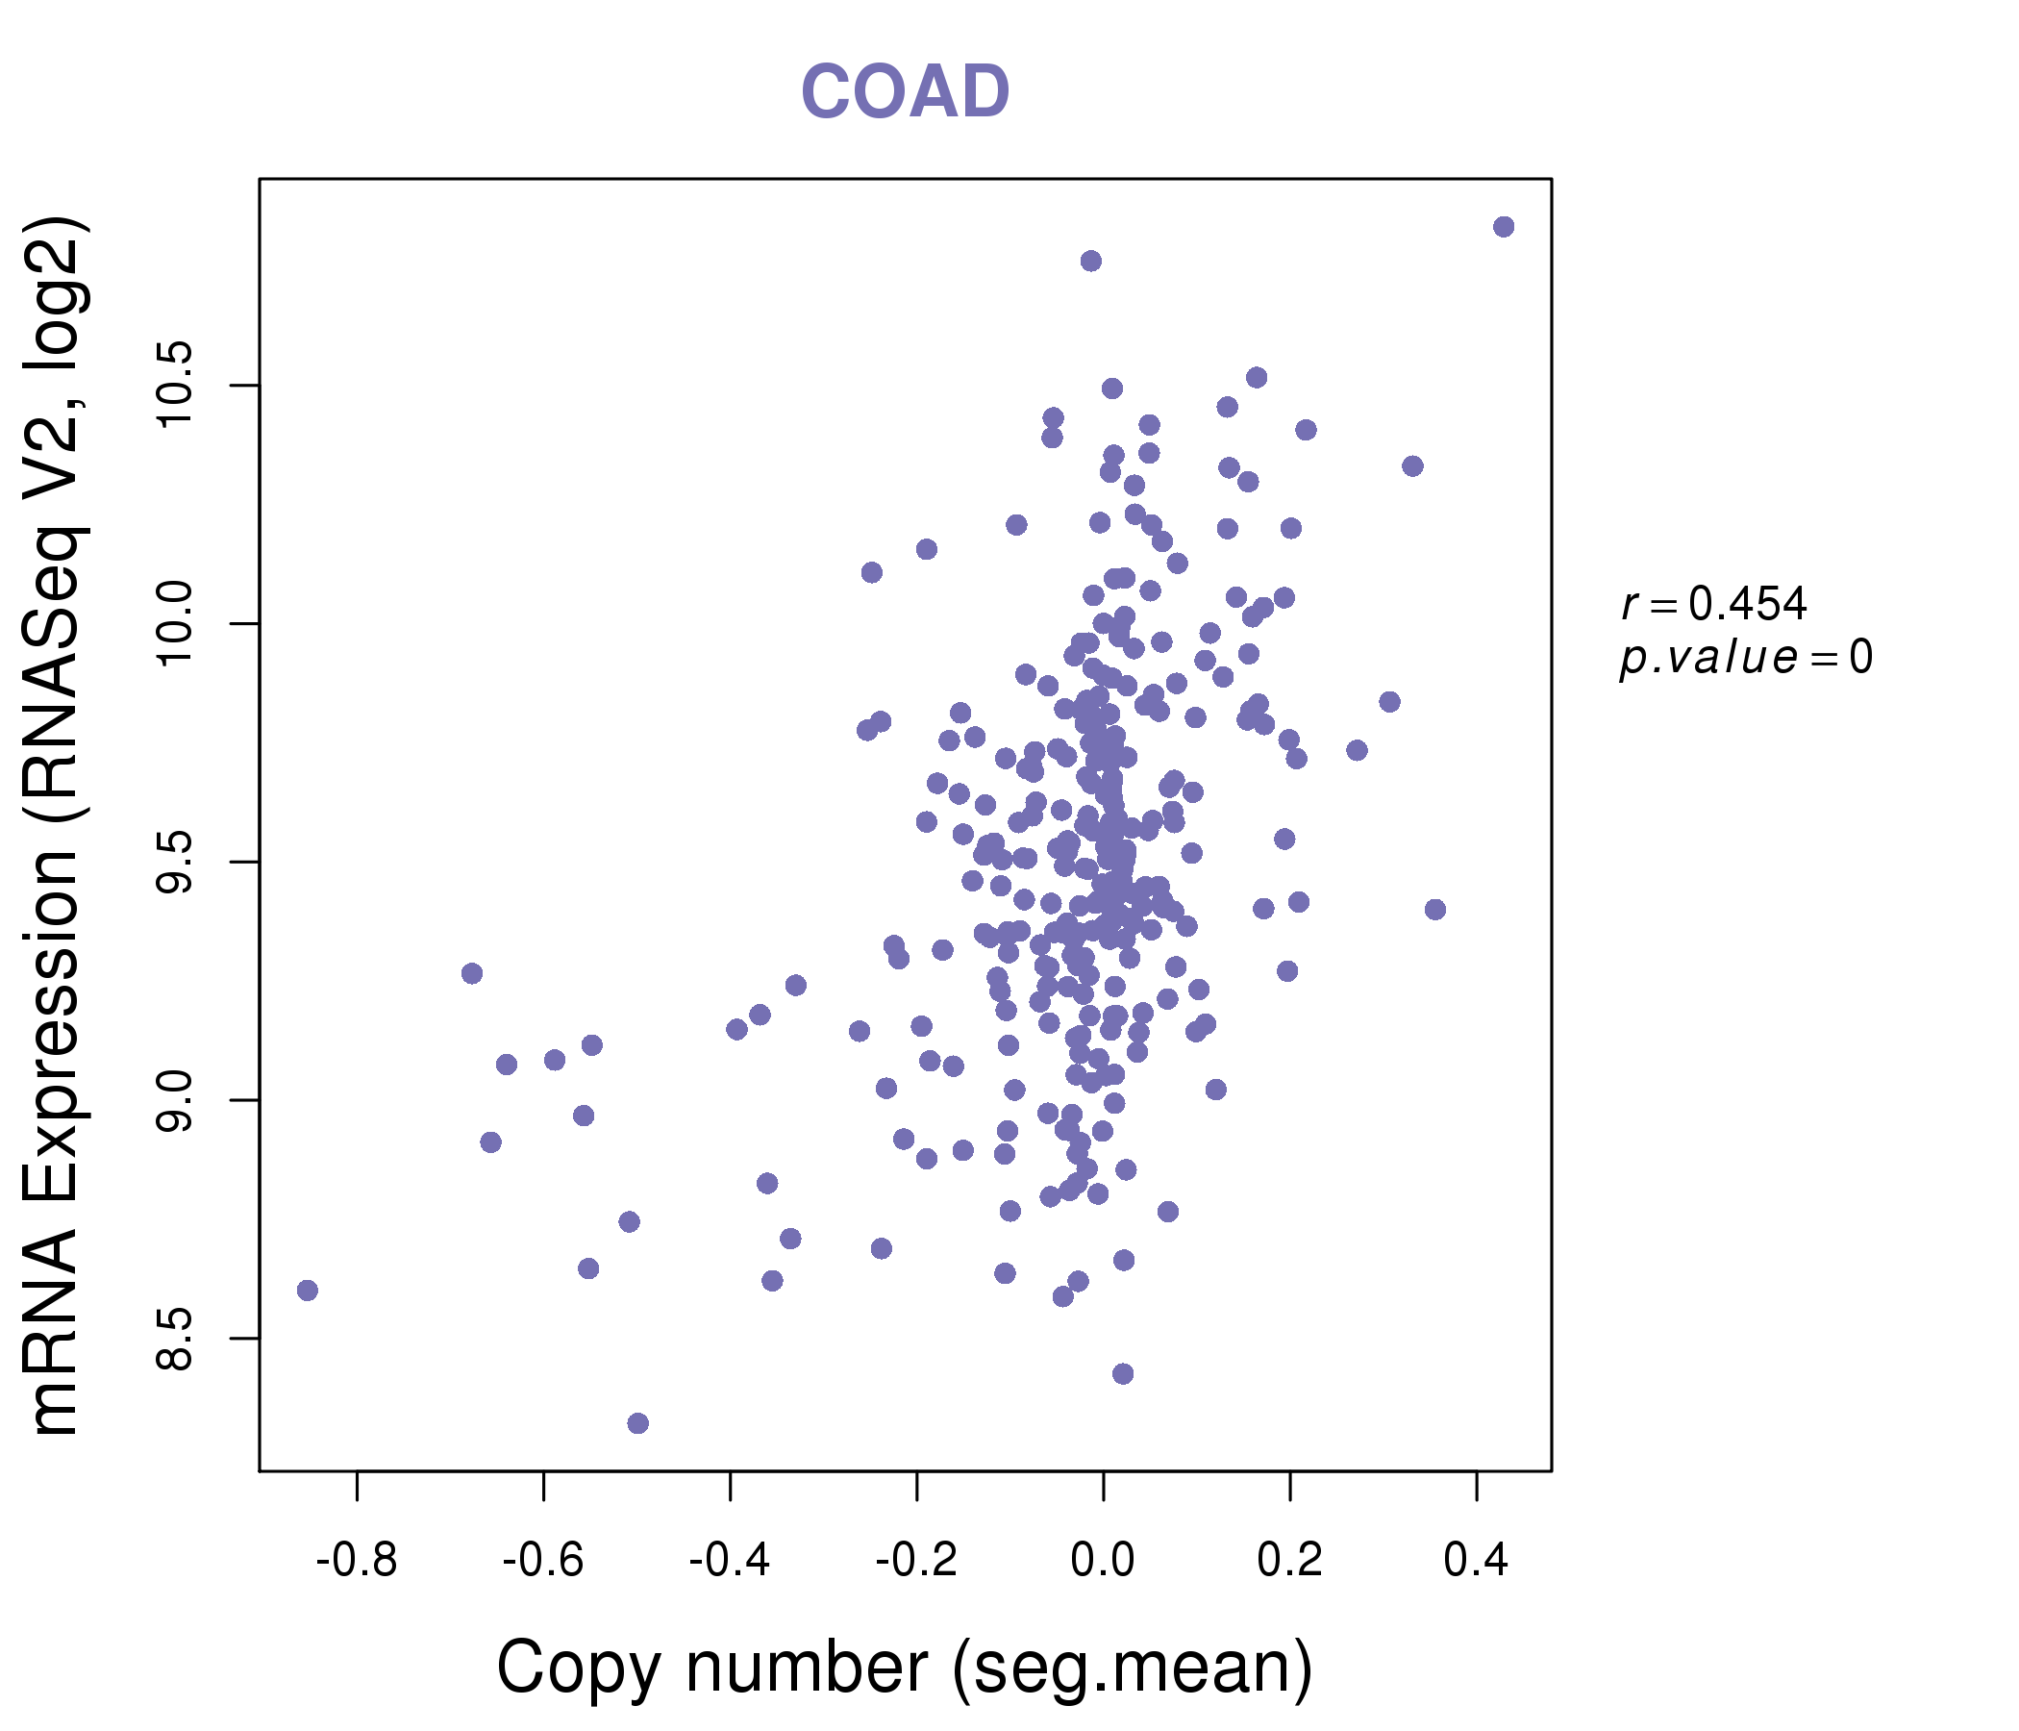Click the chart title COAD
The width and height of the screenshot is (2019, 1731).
(x=905, y=91)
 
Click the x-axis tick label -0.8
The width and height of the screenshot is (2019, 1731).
(x=357, y=1561)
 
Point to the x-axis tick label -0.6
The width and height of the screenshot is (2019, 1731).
(x=543, y=1561)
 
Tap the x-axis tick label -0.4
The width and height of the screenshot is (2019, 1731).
(x=730, y=1561)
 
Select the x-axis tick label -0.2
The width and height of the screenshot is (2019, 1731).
(x=916, y=1561)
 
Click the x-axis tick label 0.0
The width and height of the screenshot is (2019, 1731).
(x=1103, y=1561)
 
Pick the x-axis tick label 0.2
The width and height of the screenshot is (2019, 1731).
(x=1290, y=1561)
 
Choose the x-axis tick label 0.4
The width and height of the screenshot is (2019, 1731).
(x=1476, y=1561)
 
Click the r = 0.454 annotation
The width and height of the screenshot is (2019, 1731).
(x=1714, y=604)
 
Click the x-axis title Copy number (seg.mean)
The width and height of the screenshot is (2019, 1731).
(x=905, y=1668)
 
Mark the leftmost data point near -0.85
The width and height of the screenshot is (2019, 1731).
(x=308, y=1291)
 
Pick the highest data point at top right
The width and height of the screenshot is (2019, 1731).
(x=1504, y=227)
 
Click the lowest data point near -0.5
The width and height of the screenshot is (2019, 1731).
(x=638, y=1423)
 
